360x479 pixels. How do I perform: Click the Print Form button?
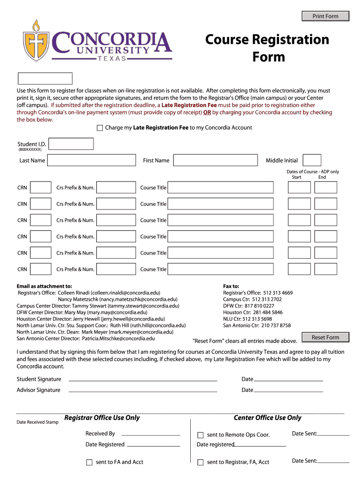pyautogui.click(x=325, y=16)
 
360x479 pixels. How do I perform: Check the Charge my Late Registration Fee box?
pyautogui.click(x=100, y=128)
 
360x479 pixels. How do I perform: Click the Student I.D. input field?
pyautogui.click(x=71, y=144)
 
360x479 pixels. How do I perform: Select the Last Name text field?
pyautogui.click(x=91, y=160)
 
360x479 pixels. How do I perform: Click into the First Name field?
pyautogui.click(x=215, y=160)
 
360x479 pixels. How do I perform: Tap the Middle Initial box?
pyautogui.click(x=312, y=160)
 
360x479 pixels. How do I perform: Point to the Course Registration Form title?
pyautogui.click(x=267, y=48)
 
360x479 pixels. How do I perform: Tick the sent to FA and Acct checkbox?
pyautogui.click(x=89, y=462)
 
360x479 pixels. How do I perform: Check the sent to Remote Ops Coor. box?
pyautogui.click(x=201, y=435)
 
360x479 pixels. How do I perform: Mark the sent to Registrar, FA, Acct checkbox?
pyautogui.click(x=201, y=462)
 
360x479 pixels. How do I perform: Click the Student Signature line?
pyautogui.click(x=143, y=380)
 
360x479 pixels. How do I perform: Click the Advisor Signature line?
pyautogui.click(x=143, y=391)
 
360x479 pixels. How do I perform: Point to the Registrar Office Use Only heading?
pyautogui.click(x=102, y=418)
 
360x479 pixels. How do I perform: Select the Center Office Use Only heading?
pyautogui.click(x=267, y=418)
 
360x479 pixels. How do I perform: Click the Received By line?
pyautogui.click(x=148, y=435)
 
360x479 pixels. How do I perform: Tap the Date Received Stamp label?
pyautogui.click(x=38, y=422)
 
